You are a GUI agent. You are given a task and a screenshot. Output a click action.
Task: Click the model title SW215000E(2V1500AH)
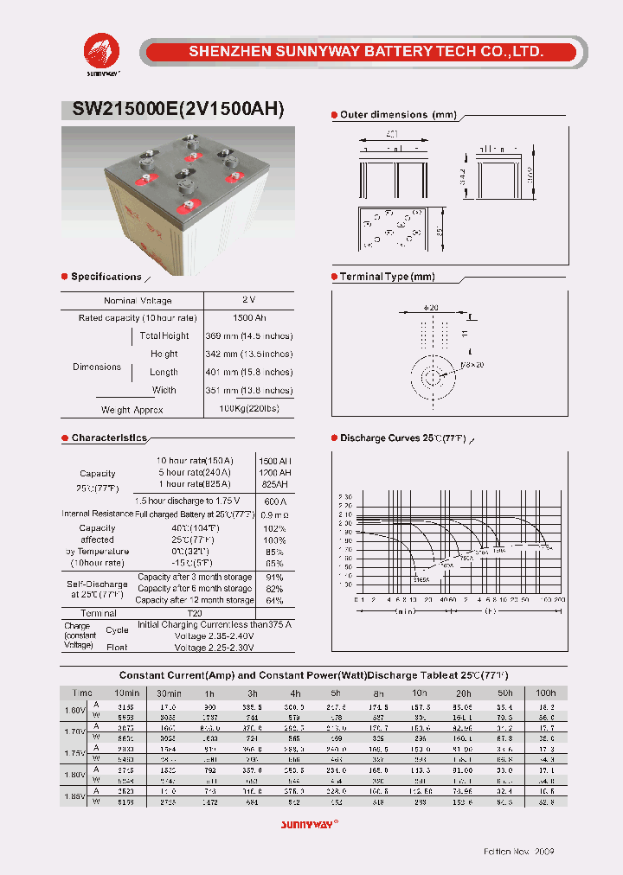tap(172, 110)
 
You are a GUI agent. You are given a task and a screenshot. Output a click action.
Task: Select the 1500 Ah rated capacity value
tap(248, 318)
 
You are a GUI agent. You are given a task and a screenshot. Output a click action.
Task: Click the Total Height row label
tap(164, 335)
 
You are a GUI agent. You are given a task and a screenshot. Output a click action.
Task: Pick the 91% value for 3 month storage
tap(274, 577)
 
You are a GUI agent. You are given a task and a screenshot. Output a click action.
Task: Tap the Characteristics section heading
tap(108, 438)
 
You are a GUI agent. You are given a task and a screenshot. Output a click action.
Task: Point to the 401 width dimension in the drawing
tap(395, 135)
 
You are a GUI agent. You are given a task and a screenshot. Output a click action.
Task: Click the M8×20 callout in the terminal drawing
tap(472, 366)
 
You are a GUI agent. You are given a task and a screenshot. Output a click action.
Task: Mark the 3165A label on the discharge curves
tap(421, 580)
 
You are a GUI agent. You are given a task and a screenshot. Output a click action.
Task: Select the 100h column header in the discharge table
tap(545, 693)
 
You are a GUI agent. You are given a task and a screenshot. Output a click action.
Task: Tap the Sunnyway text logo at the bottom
tap(311, 824)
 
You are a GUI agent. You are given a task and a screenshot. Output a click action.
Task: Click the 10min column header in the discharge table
tap(126, 693)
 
